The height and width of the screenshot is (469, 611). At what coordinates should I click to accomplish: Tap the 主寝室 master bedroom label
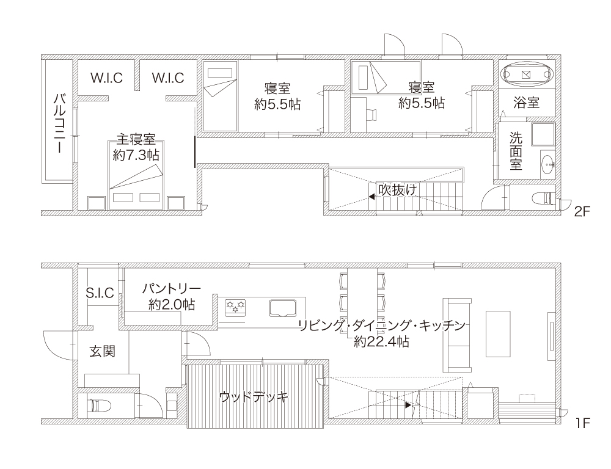(136, 139)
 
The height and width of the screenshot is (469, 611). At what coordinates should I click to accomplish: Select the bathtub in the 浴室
(527, 75)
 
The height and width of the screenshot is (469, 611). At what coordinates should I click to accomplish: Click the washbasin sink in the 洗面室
(549, 165)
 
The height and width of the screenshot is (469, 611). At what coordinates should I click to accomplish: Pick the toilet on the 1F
(98, 405)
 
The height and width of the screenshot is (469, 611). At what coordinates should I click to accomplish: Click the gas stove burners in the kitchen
(235, 306)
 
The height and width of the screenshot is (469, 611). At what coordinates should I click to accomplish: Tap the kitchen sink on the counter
(284, 307)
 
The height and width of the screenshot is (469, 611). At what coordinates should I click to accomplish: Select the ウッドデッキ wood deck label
(254, 397)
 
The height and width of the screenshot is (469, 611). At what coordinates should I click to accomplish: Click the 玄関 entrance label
(103, 351)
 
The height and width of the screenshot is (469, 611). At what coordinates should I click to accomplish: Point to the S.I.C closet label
(100, 293)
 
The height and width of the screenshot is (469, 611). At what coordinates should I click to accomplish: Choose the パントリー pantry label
(172, 289)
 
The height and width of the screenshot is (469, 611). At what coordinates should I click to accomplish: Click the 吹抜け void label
(398, 190)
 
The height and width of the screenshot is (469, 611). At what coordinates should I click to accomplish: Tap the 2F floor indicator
(582, 211)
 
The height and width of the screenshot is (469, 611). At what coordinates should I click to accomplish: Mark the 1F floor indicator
(582, 423)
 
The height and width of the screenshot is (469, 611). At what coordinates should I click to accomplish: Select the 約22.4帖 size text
(381, 342)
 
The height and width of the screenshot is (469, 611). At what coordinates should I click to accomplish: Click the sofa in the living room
(457, 335)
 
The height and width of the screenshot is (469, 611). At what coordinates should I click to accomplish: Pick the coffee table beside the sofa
(498, 334)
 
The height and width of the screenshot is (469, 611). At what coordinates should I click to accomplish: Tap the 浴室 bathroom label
(527, 103)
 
